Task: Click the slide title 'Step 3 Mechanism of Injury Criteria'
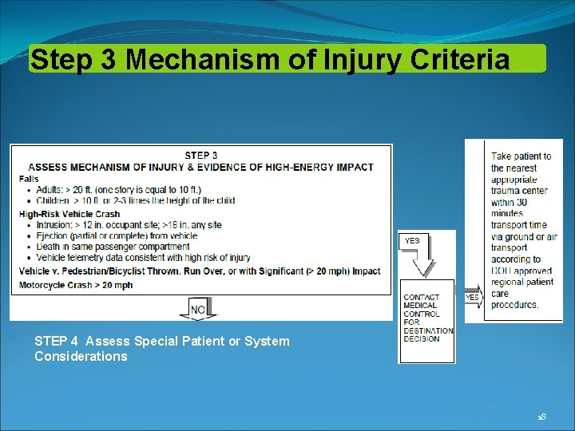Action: click(269, 59)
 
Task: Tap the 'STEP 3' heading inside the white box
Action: click(201, 156)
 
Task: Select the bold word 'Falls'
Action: click(30, 179)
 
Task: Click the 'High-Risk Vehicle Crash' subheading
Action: click(69, 214)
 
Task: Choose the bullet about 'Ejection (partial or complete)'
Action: click(117, 236)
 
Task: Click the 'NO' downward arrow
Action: click(198, 309)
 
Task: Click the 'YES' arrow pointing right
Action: click(473, 298)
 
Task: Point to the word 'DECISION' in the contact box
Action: click(422, 339)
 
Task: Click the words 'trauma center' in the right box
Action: click(519, 192)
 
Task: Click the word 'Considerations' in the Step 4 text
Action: click(81, 357)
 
